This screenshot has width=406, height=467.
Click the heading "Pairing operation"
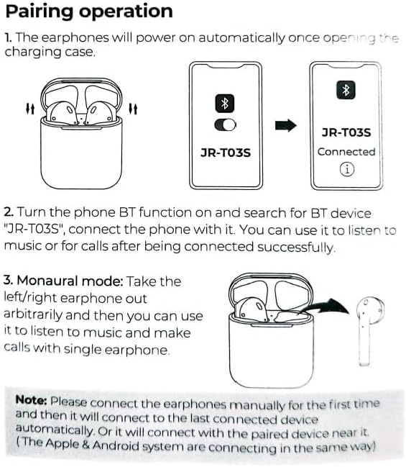point(89,12)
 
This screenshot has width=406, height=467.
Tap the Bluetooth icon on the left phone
point(225,104)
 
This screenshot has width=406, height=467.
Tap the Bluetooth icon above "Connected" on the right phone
point(346,90)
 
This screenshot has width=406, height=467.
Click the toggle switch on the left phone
point(225,124)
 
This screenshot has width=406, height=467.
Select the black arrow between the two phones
point(286,125)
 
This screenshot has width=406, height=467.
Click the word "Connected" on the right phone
point(346,152)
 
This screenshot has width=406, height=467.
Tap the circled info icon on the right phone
point(347,169)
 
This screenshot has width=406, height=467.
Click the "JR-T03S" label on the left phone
point(226,153)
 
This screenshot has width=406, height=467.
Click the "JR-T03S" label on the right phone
point(346,132)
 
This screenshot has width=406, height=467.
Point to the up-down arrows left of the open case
point(30,109)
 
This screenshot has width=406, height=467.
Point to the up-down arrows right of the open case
point(133,109)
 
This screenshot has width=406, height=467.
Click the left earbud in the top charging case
point(63,114)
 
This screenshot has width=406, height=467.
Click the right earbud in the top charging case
point(99,114)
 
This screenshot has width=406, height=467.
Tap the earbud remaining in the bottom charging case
point(251,309)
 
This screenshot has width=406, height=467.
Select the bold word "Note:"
point(31,399)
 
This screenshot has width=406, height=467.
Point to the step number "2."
point(9,212)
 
